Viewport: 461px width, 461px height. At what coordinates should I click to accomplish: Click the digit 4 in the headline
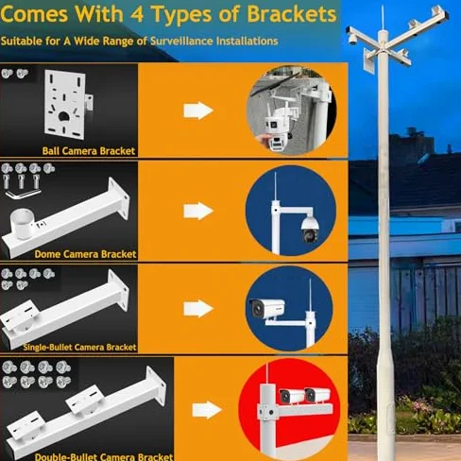point(136,15)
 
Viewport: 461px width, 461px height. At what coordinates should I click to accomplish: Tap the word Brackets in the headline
point(292,14)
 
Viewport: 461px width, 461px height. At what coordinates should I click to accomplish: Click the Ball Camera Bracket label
point(89,151)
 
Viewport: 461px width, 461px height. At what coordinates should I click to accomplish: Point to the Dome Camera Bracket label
point(85,254)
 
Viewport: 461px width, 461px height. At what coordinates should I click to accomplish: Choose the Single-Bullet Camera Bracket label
point(79,347)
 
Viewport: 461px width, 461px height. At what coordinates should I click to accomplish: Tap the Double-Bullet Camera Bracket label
point(104,456)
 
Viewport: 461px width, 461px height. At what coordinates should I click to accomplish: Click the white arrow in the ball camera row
point(198,111)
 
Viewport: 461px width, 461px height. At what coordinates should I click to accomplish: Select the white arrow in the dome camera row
point(198,211)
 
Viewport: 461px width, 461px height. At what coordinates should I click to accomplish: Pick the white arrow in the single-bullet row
point(198,309)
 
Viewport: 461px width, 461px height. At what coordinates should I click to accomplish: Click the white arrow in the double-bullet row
point(207,410)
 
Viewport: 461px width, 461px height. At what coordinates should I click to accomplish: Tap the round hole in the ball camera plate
point(64,116)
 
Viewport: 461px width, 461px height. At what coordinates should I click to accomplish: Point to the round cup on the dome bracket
point(22,224)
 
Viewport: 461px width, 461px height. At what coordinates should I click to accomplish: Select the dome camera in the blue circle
point(308,230)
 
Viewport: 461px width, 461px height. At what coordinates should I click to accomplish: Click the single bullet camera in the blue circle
point(267,309)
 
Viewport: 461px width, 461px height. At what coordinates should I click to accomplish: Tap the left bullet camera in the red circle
point(290,396)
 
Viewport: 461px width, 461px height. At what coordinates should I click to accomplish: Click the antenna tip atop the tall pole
point(383,6)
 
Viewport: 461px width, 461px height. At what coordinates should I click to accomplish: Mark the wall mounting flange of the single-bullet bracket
point(118,290)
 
